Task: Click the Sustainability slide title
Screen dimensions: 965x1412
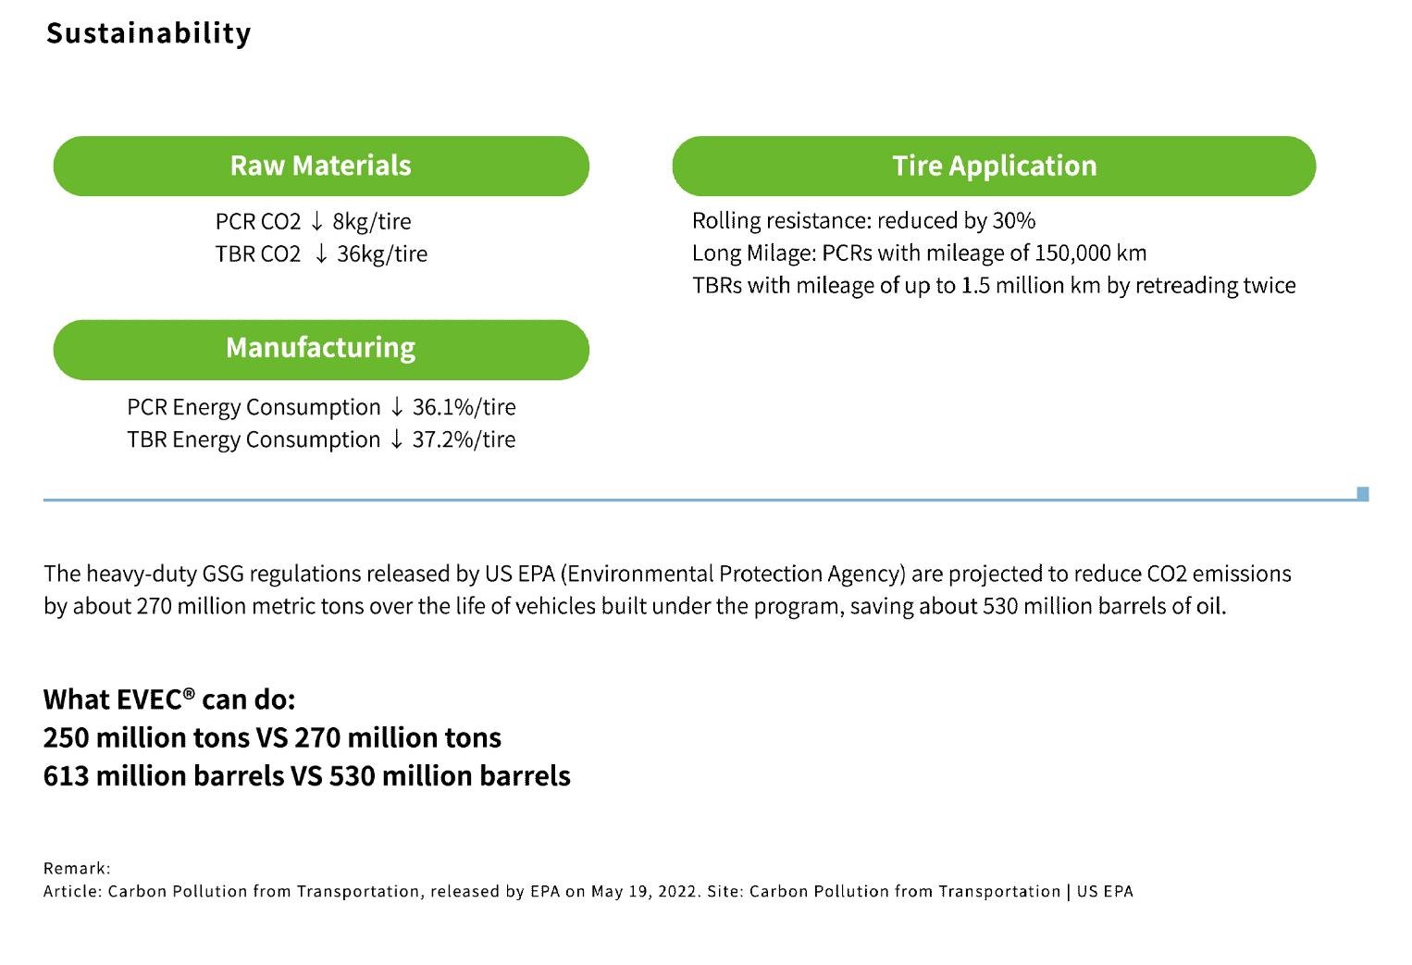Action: coord(148,33)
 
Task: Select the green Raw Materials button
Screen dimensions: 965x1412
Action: coord(321,166)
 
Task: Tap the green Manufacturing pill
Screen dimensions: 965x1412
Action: coord(321,349)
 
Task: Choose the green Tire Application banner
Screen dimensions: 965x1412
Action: coord(994,166)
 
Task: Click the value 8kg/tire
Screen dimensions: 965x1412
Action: coord(371,222)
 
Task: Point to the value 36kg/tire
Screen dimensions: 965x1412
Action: coord(381,254)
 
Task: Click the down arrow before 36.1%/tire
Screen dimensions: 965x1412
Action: coord(396,407)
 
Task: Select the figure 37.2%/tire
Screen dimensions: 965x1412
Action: coord(464,439)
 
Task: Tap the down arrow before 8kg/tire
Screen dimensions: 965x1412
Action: coord(316,222)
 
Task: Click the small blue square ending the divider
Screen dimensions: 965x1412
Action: coord(1362,494)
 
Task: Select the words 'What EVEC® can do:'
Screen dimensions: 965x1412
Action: coord(169,699)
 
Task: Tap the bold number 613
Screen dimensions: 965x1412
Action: coord(66,775)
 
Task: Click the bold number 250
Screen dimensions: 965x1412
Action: coord(67,737)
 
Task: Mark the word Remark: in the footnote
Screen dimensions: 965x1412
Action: coord(77,869)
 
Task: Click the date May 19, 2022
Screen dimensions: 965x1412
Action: coord(645,892)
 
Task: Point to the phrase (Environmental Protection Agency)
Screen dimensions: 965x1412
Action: coord(733,575)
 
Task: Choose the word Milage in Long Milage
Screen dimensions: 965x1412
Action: coord(780,254)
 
